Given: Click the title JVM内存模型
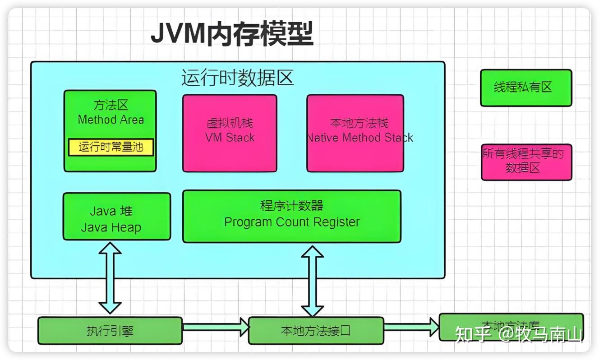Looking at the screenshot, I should click(231, 34).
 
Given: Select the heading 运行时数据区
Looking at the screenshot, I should click(237, 78).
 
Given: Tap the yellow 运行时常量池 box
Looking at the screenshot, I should click(111, 147).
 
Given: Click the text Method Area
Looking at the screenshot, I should click(111, 120).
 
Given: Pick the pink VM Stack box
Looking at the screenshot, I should click(230, 133).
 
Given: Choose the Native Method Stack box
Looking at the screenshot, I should click(355, 133).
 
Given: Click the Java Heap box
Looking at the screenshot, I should click(116, 217).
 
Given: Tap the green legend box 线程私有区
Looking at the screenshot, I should click(526, 88).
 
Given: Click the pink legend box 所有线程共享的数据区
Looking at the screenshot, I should click(526, 162).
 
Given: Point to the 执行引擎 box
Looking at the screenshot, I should click(110, 331).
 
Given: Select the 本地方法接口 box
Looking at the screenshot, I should click(316, 331).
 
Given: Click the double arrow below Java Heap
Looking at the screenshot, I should click(110, 277).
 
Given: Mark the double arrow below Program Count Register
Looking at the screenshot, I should click(312, 281).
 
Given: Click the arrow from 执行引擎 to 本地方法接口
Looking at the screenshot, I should click(216, 326).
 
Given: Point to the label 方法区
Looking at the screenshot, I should click(111, 105).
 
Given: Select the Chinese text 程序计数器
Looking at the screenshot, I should click(291, 206).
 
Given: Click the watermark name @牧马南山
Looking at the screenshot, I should click(541, 334).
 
